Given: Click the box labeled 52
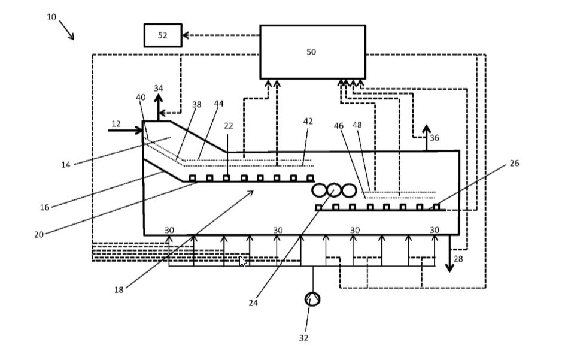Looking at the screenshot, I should coord(162,35).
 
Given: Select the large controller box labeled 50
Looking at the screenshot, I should coord(312,52).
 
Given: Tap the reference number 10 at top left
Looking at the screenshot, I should coord(51,17).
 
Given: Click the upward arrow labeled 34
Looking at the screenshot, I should coord(158,105).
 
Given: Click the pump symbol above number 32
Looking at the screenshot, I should coord(312,299).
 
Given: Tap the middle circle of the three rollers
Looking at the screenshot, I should coord(334,190).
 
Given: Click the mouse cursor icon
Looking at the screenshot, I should coord(242,261).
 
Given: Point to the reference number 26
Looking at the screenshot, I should coord(514,163).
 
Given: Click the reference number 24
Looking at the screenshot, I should coord(253,303).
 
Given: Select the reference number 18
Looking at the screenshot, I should coord(119,290).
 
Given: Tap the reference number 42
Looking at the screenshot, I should coord(308,121).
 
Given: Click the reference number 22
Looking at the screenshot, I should coord(229,126).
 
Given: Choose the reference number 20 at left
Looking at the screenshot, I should coord(39,235).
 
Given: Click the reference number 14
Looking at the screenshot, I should coord(66,165).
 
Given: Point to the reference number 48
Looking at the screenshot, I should coord(357,125).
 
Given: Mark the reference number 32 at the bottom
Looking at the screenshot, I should coord(303,338).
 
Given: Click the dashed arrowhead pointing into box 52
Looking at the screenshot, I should coord(186,35).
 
